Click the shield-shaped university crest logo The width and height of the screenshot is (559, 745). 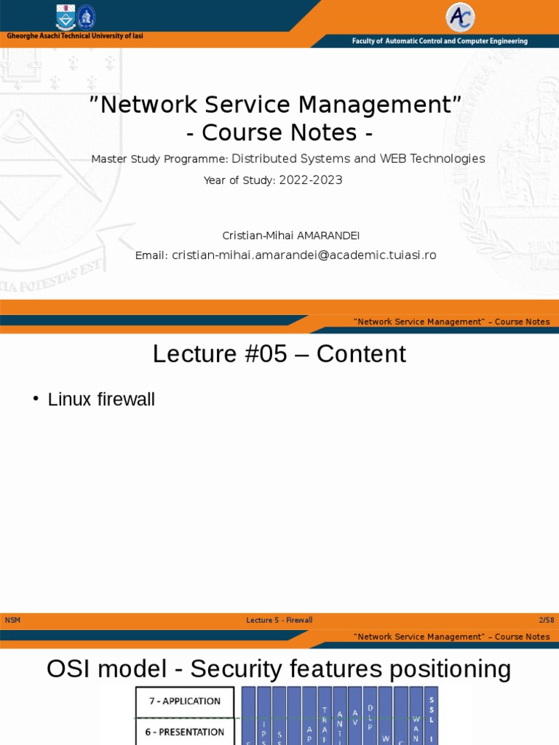(x=66, y=17)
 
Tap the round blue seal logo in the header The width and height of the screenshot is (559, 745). (x=87, y=17)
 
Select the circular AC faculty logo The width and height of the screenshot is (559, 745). (x=460, y=17)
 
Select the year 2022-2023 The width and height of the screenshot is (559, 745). (x=311, y=180)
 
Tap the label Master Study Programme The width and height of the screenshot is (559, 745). (x=159, y=159)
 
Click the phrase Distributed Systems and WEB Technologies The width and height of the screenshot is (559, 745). (x=358, y=159)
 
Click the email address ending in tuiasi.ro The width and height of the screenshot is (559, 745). (x=304, y=255)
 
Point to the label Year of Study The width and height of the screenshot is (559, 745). (x=239, y=181)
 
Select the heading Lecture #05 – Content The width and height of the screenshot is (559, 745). (x=279, y=354)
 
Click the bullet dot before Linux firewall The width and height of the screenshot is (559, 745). (x=36, y=399)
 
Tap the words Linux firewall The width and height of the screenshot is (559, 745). (x=101, y=399)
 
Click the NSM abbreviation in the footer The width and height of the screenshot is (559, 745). (x=12, y=620)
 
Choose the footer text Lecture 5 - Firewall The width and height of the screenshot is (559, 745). (x=279, y=620)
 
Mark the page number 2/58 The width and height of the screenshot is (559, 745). (x=546, y=620)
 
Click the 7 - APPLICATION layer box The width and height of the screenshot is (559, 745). (x=185, y=701)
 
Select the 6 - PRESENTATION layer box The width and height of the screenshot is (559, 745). (x=185, y=732)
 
